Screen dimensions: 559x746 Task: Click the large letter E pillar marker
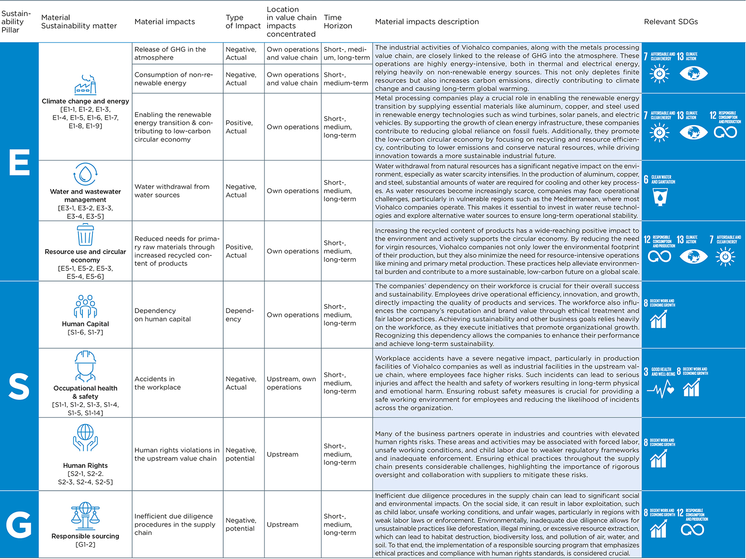tap(19, 162)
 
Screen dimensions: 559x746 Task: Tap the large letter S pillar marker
tap(19, 387)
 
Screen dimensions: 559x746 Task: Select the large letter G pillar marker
tap(19, 525)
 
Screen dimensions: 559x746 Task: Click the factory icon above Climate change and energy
tap(85, 85)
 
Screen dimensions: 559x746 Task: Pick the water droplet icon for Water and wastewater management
tap(85, 174)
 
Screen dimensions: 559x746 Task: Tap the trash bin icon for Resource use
tap(85, 234)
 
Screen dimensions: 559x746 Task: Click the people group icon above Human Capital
tap(85, 307)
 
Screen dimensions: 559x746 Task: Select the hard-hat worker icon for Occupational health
tap(85, 366)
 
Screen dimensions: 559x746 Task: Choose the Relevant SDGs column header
tap(671, 22)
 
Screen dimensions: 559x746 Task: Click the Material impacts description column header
tap(427, 22)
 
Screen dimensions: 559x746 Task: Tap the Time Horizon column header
tap(338, 22)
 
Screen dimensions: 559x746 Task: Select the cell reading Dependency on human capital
tap(162, 315)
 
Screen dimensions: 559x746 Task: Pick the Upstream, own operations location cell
tap(291, 383)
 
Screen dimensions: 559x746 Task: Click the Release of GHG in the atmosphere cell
tap(170, 54)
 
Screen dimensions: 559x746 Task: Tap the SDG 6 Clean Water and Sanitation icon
tap(660, 190)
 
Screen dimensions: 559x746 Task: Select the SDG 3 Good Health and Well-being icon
tap(660, 383)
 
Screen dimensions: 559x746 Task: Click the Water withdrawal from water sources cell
tap(171, 191)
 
